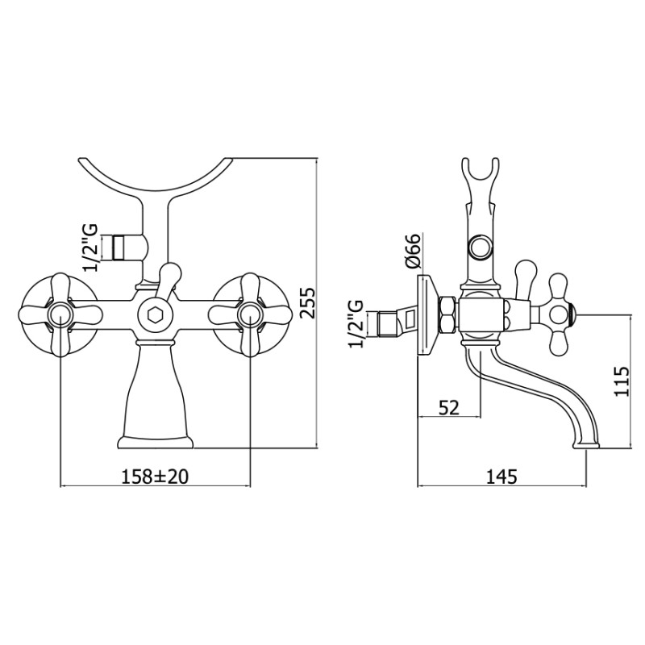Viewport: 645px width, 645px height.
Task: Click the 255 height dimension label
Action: [x=308, y=303]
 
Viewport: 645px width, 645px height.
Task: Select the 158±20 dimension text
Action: [x=155, y=476]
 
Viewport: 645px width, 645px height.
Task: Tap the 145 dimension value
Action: [x=501, y=476]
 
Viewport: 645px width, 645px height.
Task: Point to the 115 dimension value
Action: [x=621, y=381]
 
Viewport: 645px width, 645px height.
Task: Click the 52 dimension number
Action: [x=449, y=408]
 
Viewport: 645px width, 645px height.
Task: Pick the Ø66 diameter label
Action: [x=412, y=252]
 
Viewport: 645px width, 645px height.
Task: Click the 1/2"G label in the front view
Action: [x=90, y=248]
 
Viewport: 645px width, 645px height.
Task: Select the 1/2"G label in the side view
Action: [x=356, y=324]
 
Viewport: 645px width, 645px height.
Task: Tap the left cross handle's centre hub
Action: [x=60, y=314]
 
